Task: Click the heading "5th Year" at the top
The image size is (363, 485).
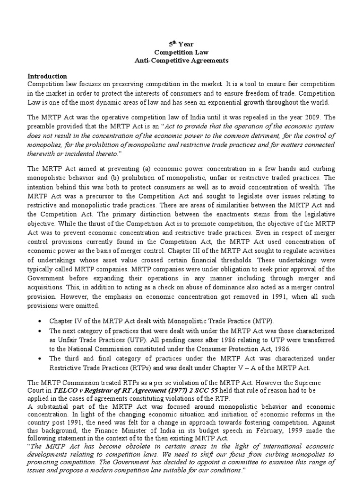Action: click(182, 45)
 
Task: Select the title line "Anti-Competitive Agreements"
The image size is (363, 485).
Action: click(182, 61)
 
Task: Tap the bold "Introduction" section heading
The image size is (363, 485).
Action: click(47, 76)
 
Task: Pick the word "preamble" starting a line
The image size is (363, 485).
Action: click(41, 126)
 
